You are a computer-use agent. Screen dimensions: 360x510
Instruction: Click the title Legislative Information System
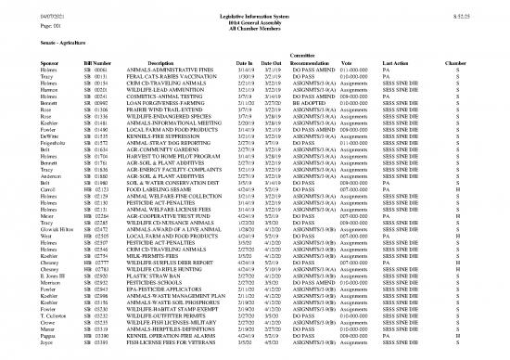pos(255,9)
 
